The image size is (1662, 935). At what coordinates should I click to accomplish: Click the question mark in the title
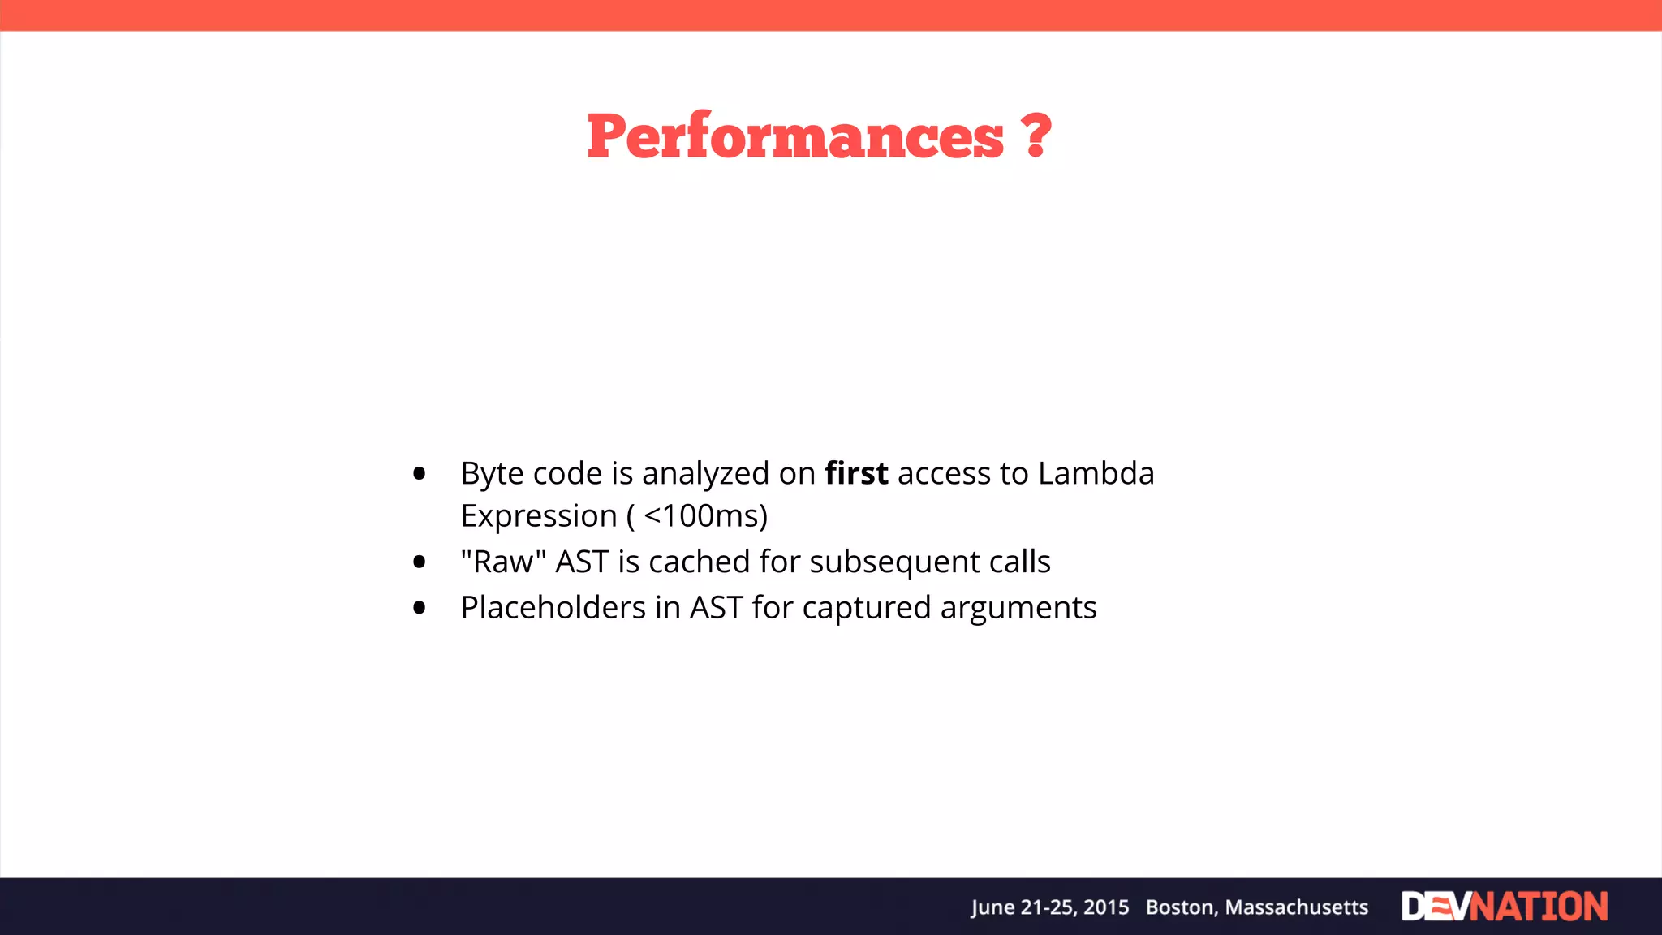pyautogui.click(x=1036, y=136)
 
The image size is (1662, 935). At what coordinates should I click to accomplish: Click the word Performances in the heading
pyautogui.click(x=795, y=136)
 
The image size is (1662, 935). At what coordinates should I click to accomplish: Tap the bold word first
pyautogui.click(x=856, y=473)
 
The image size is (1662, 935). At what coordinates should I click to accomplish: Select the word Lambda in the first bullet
pyautogui.click(x=1096, y=473)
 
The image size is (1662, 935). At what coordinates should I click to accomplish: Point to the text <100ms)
pyautogui.click(x=705, y=516)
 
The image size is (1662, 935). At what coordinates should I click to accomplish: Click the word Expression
pyautogui.click(x=539, y=516)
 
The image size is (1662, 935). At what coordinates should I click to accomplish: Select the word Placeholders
pyautogui.click(x=553, y=608)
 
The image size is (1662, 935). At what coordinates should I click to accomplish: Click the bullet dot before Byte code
pyautogui.click(x=419, y=473)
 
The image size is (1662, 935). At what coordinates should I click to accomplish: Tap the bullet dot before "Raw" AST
pyautogui.click(x=419, y=562)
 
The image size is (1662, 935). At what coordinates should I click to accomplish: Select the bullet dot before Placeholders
pyautogui.click(x=419, y=608)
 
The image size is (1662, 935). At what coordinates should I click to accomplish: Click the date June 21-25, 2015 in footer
pyautogui.click(x=1050, y=907)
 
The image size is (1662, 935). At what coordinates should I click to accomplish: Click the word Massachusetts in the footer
pyautogui.click(x=1296, y=907)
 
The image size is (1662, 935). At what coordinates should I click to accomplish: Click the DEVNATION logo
pyautogui.click(x=1504, y=907)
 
